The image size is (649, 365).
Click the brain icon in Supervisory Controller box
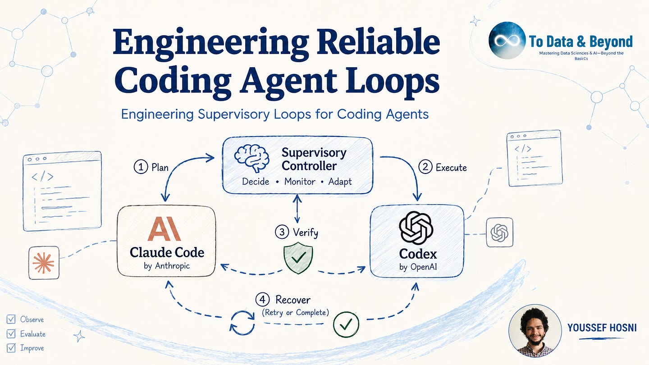(251, 159)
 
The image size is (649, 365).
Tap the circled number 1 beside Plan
(141, 167)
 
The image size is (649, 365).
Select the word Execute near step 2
(451, 168)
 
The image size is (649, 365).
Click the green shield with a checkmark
(298, 258)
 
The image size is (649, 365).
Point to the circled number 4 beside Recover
(262, 300)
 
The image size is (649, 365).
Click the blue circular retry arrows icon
(242, 323)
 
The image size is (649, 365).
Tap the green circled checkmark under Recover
(346, 324)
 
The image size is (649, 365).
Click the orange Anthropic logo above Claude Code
(164, 228)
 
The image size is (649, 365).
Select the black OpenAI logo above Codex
(416, 228)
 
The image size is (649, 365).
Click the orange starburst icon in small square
(43, 263)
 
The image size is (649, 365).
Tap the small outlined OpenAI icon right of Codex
(499, 233)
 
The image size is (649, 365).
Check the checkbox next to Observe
(11, 319)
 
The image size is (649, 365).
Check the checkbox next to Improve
(11, 347)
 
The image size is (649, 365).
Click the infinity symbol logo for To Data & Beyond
(507, 40)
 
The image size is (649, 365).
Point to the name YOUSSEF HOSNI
(602, 328)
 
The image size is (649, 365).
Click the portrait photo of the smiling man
(535, 331)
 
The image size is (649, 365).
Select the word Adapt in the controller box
(340, 182)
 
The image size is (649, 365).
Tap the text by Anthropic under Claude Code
(167, 266)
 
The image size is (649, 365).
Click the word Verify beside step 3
(306, 233)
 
